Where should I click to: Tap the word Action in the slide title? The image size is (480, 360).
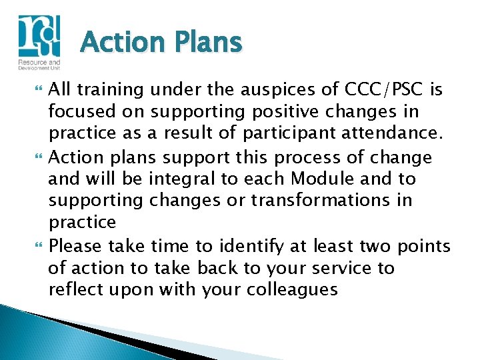(x=121, y=43)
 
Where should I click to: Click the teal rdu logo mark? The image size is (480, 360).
(x=38, y=36)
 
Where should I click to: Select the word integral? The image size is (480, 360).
(x=176, y=179)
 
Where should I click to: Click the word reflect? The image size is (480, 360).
(x=72, y=290)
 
